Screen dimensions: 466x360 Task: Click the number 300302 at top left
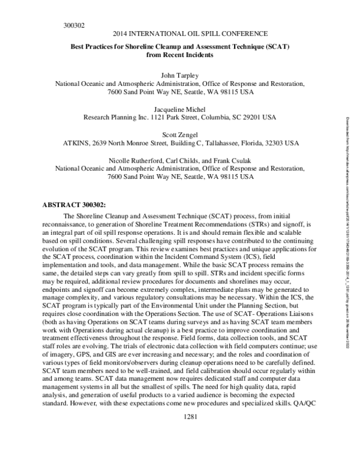click(x=74, y=26)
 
